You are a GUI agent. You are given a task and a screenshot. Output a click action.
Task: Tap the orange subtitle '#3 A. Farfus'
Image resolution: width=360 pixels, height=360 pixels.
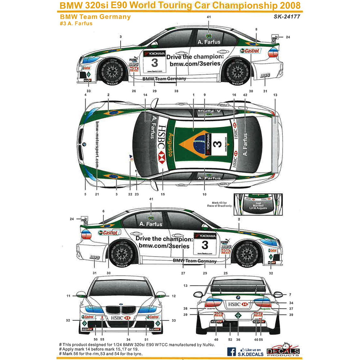coord(76,24)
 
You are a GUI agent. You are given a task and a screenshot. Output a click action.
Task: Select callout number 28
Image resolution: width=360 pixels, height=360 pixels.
coord(176,91)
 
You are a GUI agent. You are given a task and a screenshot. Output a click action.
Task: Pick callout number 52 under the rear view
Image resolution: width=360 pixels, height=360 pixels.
coord(230,339)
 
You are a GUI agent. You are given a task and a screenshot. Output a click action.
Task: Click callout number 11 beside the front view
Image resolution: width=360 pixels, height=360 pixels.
coord(68,296)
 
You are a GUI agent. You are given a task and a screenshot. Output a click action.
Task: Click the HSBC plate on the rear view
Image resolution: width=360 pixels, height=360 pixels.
coord(237,305)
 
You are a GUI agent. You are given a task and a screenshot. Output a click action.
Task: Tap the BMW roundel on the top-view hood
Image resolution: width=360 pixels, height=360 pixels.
coord(84,144)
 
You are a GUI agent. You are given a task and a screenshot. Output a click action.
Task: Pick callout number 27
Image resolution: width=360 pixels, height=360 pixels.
coord(183,273)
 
